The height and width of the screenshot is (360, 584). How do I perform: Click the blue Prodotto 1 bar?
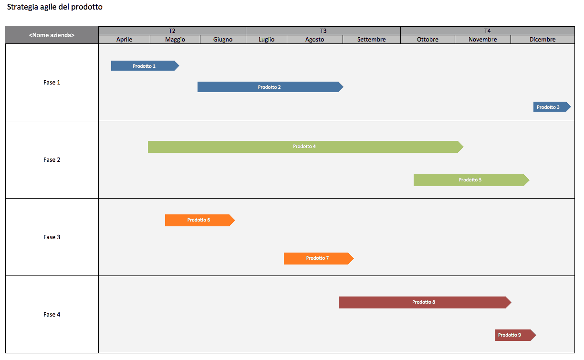coord(145,66)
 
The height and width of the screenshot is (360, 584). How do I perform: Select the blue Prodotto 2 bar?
coord(271,87)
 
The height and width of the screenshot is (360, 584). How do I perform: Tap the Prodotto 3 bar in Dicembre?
coord(552,106)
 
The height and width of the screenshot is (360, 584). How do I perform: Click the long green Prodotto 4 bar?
coord(305,147)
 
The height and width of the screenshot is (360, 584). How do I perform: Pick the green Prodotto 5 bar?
coord(471,180)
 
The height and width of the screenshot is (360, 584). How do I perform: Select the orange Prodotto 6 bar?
coord(200,221)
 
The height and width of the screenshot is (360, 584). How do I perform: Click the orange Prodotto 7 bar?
coord(319,258)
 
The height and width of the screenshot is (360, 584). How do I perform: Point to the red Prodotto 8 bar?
coord(425,302)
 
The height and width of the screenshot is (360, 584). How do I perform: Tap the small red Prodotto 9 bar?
coord(515,335)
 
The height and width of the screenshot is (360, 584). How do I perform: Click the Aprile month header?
coord(124,40)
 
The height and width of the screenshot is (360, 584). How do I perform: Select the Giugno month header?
coord(223,40)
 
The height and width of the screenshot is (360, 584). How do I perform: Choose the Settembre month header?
coord(372,40)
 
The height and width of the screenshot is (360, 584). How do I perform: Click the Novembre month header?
coord(482,40)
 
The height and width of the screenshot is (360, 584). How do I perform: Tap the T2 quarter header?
coord(172,31)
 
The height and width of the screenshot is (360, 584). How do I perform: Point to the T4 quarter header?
coord(488,31)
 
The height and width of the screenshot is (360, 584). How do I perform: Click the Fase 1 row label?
coord(52,83)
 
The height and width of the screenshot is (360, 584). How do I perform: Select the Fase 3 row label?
coord(52,237)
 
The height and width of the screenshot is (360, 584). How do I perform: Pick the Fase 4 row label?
coord(52,315)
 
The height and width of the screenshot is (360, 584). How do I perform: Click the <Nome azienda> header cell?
coord(52,35)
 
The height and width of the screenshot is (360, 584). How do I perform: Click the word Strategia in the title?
coord(23,7)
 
